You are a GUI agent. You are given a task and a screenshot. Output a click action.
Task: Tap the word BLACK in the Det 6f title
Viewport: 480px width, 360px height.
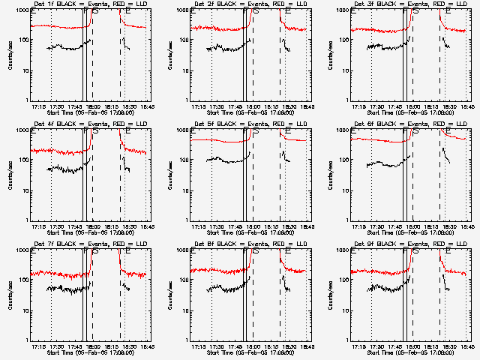click(x=376, y=125)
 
